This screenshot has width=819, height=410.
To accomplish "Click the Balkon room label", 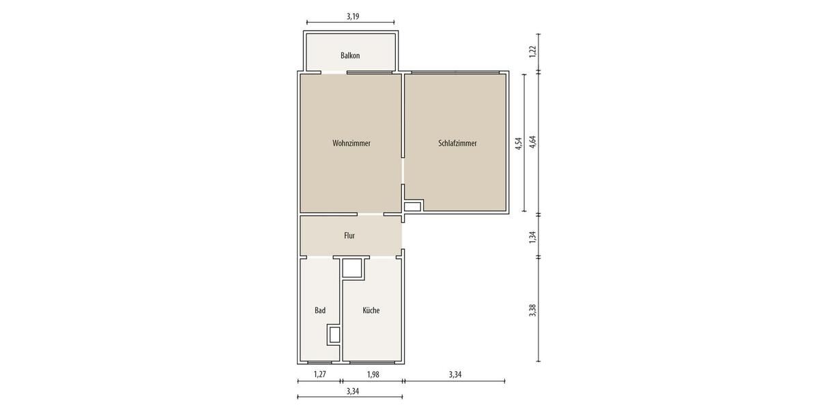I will [x=350, y=55].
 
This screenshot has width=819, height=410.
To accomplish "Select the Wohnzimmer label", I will [x=351, y=143].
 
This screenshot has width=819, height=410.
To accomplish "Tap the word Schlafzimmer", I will [x=457, y=143].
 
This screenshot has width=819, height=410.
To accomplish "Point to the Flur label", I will [x=349, y=236].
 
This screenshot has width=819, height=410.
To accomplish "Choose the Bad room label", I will [x=320, y=310].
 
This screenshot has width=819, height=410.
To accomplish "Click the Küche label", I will [x=371, y=310].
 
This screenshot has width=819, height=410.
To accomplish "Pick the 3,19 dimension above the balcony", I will [x=353, y=16].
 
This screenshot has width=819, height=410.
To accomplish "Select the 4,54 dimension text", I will [x=518, y=143].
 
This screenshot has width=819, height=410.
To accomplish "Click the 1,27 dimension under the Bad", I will [x=319, y=374].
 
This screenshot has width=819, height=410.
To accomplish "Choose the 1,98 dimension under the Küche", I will [x=373, y=374].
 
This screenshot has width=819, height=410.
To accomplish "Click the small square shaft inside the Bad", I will [x=334, y=335].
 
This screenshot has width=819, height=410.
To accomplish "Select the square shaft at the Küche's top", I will [x=353, y=268].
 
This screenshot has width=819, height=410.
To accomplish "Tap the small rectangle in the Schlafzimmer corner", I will [x=412, y=206].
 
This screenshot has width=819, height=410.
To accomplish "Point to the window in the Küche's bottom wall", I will [x=373, y=361].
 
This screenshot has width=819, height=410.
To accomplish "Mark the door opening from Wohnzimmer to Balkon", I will [x=334, y=72].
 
